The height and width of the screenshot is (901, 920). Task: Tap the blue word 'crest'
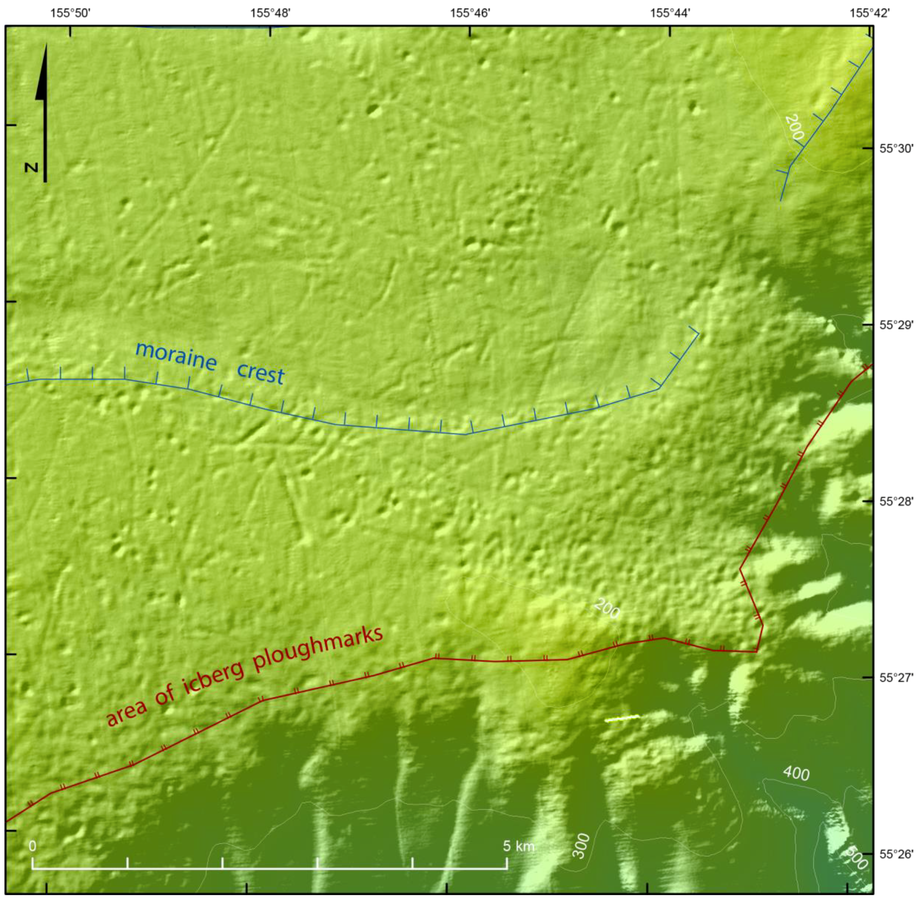260,373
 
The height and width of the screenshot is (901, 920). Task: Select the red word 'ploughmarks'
318,649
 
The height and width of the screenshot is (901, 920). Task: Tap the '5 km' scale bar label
518,846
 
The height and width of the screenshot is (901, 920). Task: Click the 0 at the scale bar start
32,846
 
